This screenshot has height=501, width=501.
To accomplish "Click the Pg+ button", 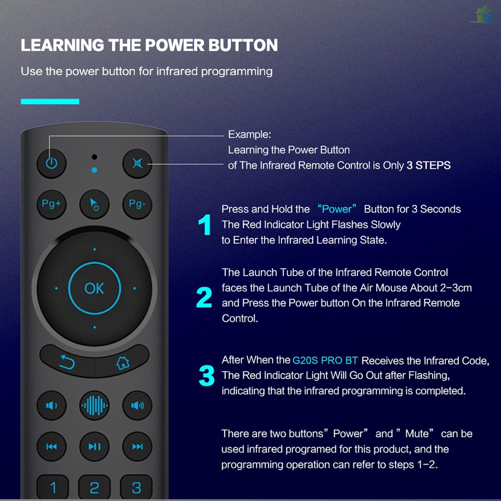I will coord(51,204).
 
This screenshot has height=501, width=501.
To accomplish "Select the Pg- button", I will coord(137,204).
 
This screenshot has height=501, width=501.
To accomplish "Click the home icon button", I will coord(122,363).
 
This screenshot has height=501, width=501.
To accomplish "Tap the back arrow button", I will coord(67,363).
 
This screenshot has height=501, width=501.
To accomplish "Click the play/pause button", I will coord(94,446).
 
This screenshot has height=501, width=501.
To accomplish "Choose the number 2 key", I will coord(94,488).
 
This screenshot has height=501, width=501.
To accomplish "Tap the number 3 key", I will coord(137,488).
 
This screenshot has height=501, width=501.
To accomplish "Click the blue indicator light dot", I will coord(94,170).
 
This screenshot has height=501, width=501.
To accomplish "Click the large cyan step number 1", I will coord(205,226).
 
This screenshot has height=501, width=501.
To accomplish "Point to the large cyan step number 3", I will coord(206,376).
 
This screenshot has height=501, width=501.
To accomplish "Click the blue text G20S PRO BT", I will coord(325,361).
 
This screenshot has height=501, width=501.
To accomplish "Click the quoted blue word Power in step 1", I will coord(337,209).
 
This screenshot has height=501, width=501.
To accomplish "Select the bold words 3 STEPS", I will coord(428,165).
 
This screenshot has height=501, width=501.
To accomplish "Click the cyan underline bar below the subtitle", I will coord(50,102).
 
